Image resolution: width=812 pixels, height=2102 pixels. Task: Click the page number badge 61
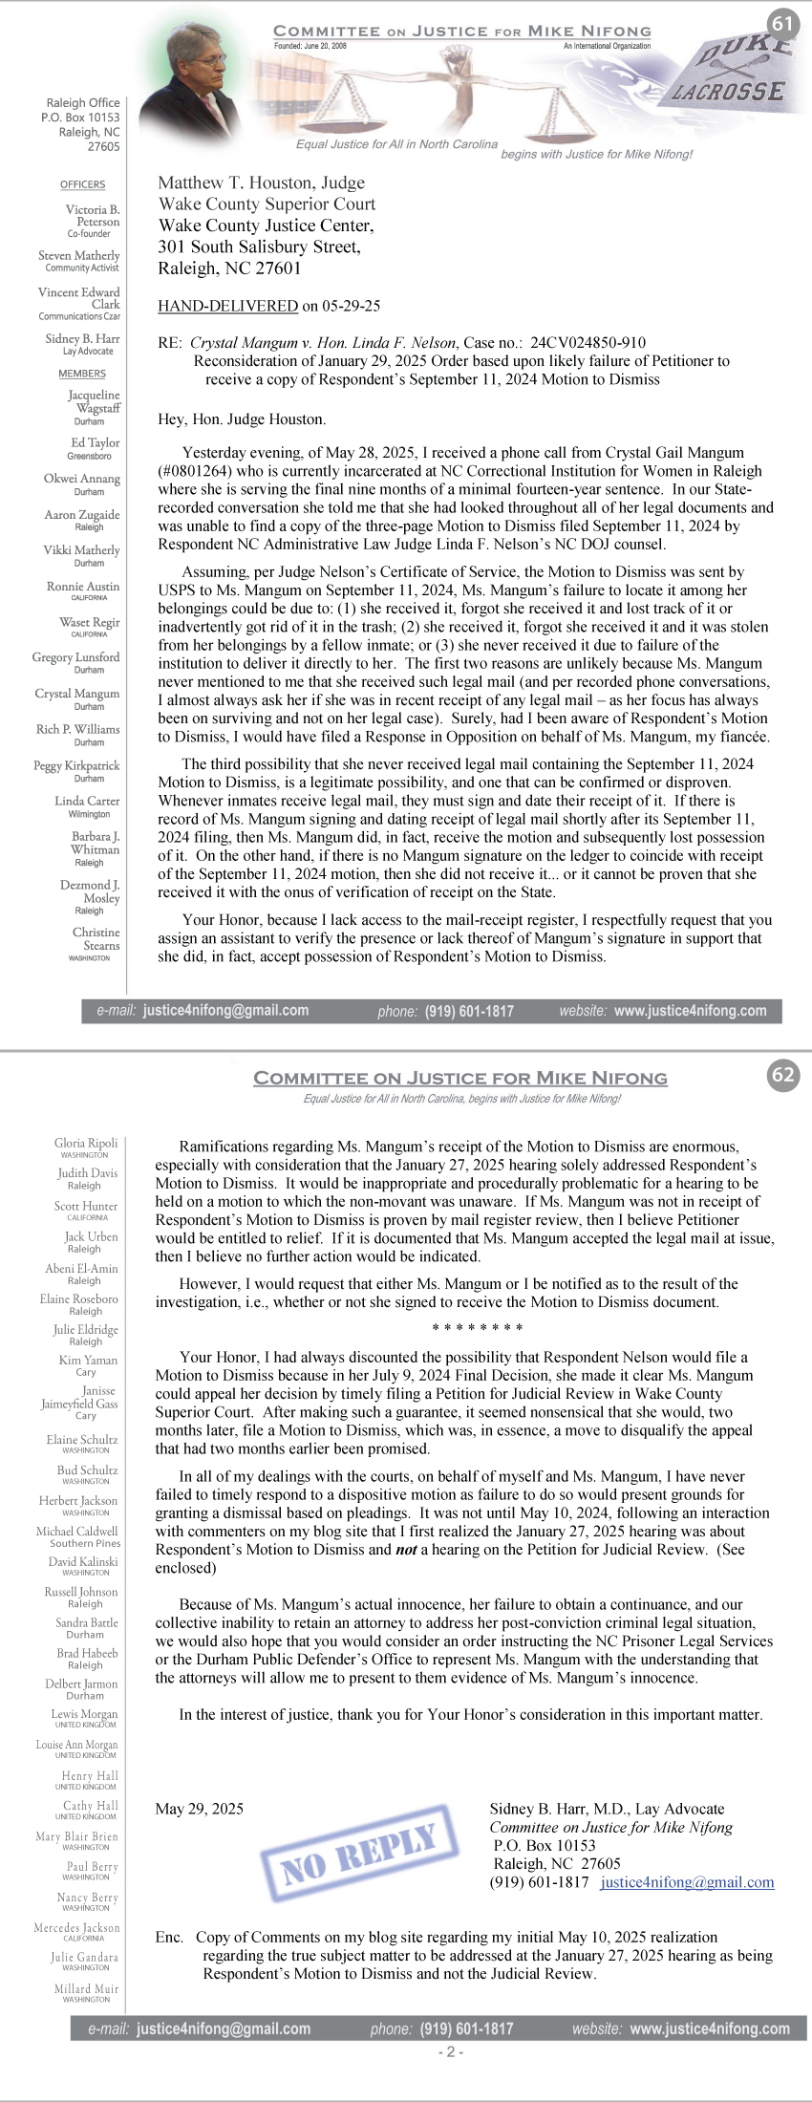point(782,24)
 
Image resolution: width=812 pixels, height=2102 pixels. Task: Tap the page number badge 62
point(782,1075)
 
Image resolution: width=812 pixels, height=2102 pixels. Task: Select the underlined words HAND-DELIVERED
point(227,306)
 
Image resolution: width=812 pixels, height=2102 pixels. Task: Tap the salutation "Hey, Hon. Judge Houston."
point(242,418)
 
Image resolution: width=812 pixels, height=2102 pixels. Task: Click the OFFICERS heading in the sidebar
point(83,184)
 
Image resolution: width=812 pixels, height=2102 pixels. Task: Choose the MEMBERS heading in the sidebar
point(82,374)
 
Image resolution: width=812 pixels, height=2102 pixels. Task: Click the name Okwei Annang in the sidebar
point(82,479)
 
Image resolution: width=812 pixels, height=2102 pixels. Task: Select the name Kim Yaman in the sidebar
point(88,1360)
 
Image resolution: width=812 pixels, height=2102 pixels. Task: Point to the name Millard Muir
point(86,1988)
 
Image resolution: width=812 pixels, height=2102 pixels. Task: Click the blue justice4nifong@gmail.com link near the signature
point(687,1881)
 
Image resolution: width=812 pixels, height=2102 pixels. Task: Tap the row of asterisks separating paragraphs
point(477,1328)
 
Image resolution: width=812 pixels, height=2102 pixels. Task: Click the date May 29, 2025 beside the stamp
point(199,1808)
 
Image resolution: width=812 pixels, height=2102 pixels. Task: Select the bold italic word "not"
point(406,1549)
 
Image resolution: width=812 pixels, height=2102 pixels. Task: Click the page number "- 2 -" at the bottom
point(451,2051)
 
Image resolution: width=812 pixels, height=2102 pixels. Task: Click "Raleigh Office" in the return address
point(83,102)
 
